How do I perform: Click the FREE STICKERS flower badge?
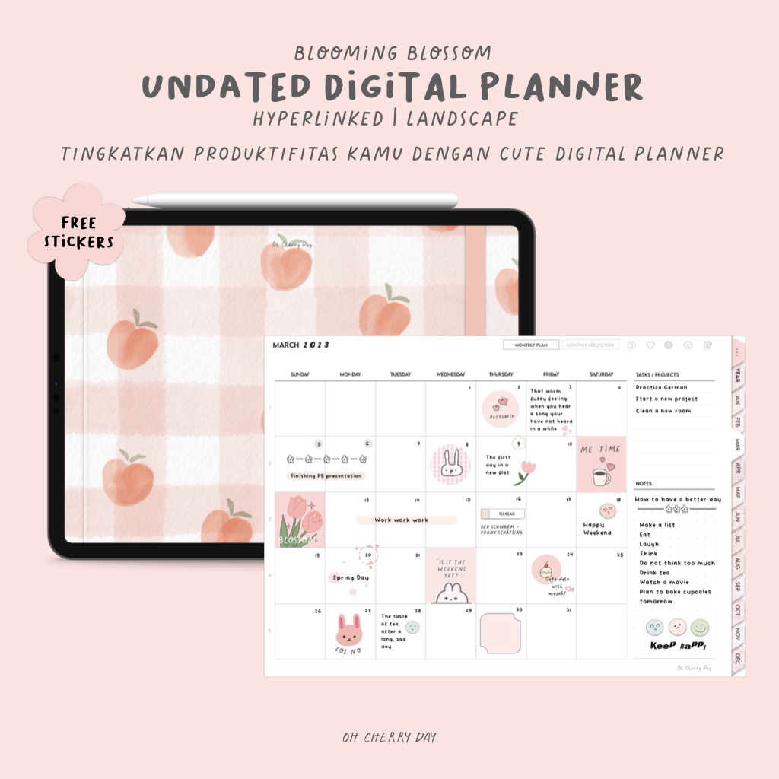tap(78, 230)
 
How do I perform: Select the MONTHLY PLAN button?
tap(531, 345)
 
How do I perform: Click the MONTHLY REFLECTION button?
tap(590, 345)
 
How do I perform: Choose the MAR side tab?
tap(737, 444)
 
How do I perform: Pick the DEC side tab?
tap(737, 659)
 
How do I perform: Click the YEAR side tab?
tap(737, 376)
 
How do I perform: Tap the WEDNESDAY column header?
tap(450, 374)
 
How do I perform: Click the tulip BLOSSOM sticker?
tap(300, 520)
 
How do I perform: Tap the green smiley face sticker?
tap(700, 628)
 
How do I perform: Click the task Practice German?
tap(662, 387)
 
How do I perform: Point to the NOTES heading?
tap(644, 484)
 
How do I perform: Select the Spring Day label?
tap(351, 578)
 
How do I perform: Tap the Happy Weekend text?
tap(597, 529)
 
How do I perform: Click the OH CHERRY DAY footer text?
tap(389, 737)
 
